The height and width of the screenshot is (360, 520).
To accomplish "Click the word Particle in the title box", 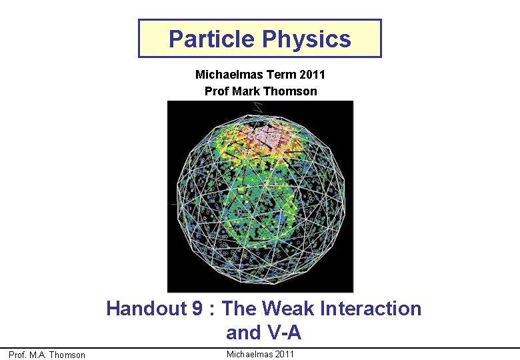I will [211, 39].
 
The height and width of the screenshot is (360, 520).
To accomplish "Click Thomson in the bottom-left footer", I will [68, 355].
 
